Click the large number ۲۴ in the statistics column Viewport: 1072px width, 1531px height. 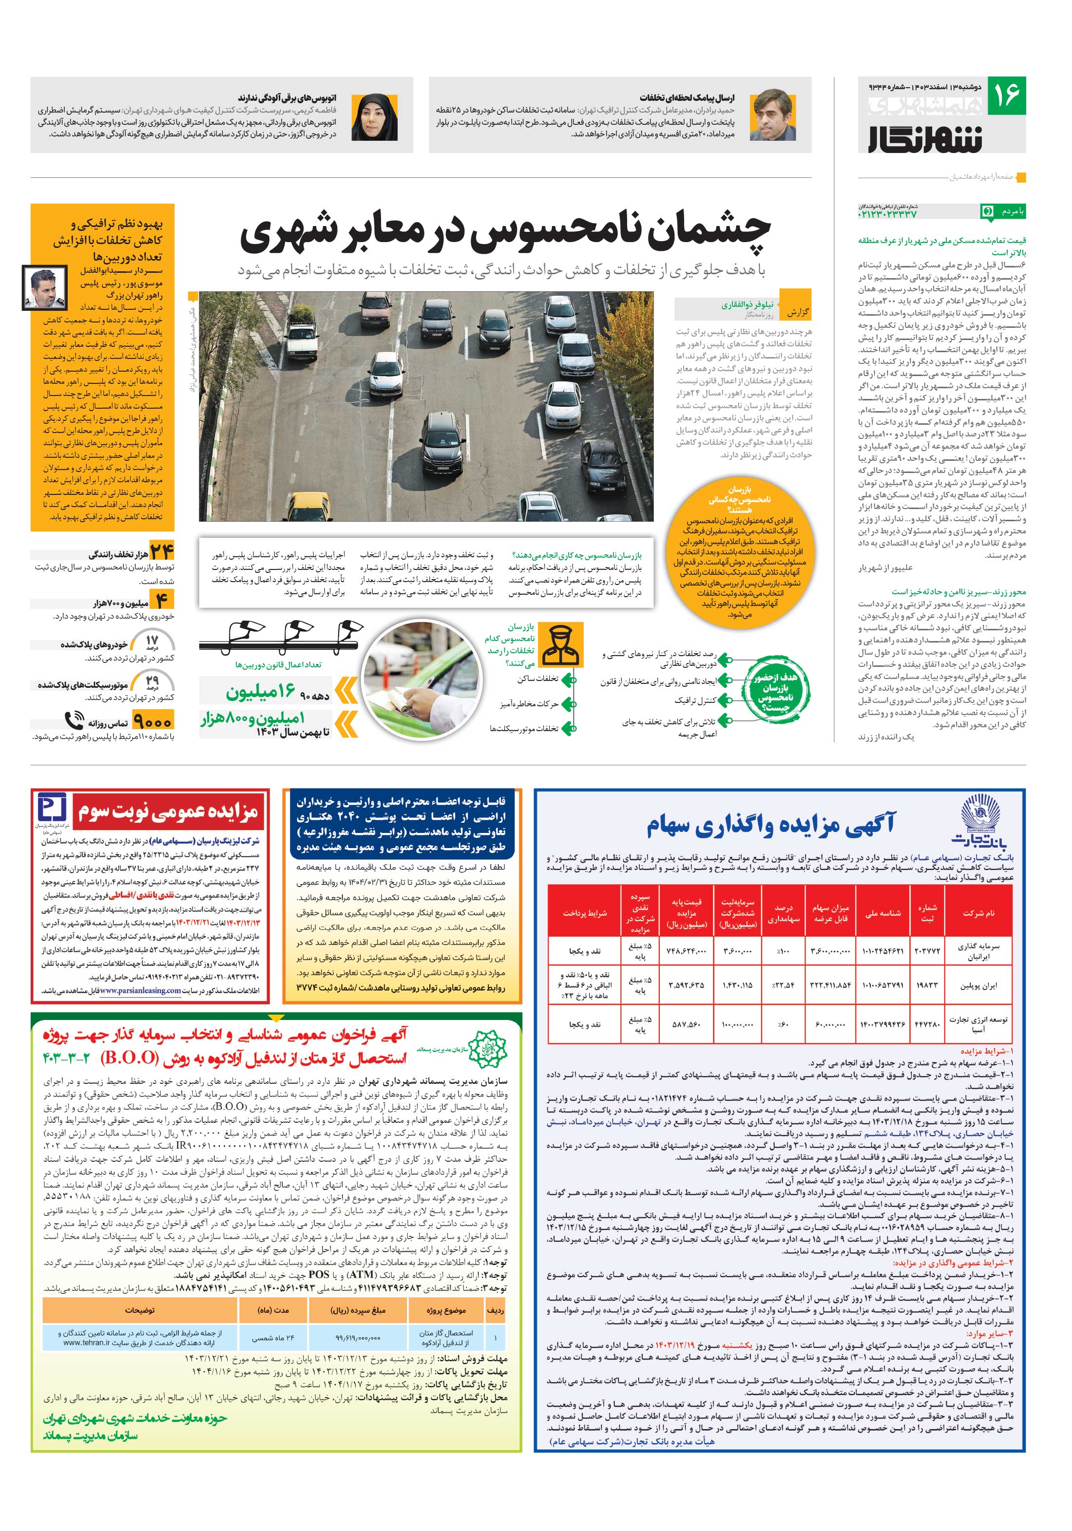pyautogui.click(x=161, y=552)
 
